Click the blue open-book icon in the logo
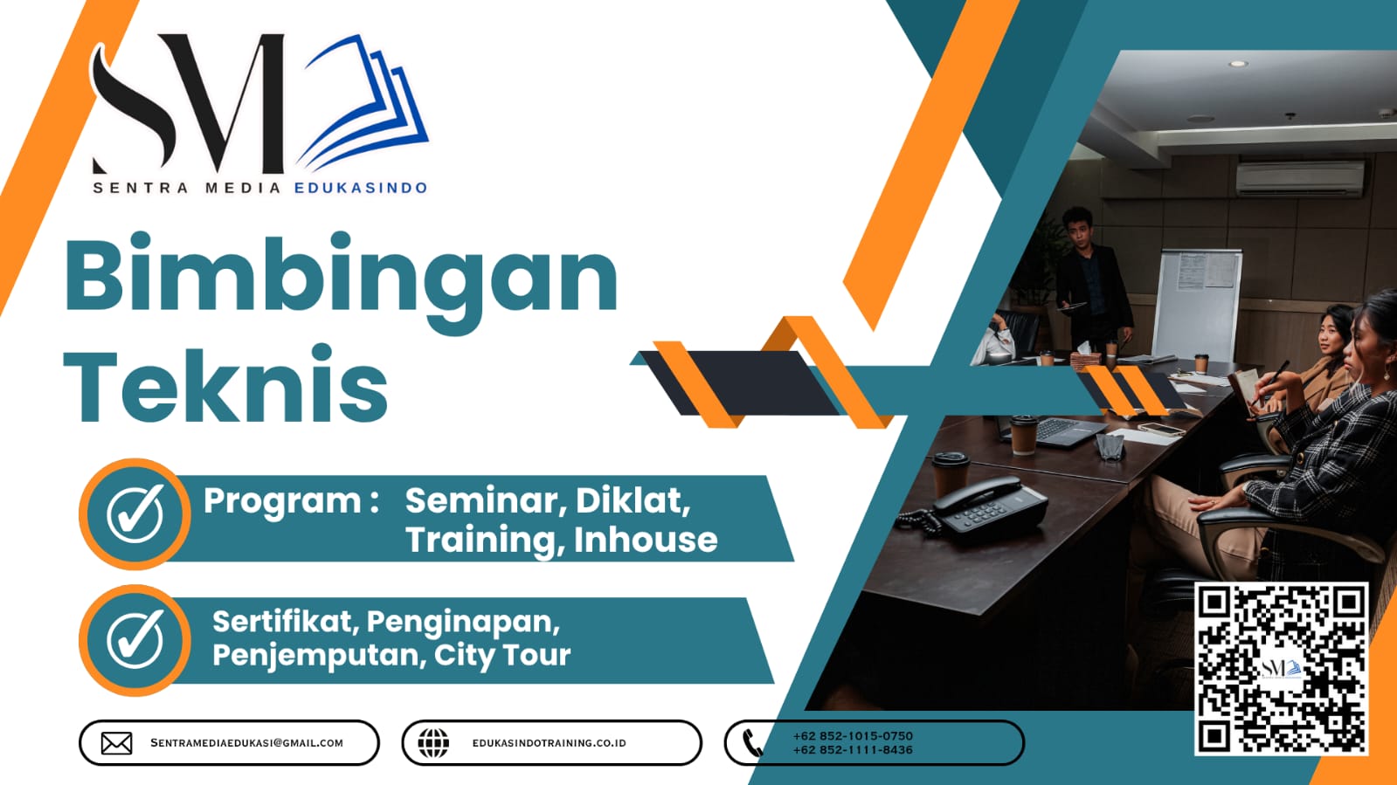click(365, 103)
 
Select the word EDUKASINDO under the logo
click(361, 188)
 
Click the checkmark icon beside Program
click(135, 513)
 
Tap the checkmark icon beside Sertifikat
click(135, 639)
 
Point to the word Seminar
click(481, 501)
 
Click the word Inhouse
click(645, 540)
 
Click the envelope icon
click(116, 743)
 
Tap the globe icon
click(433, 743)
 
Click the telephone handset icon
click(752, 743)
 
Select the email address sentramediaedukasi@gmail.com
click(246, 743)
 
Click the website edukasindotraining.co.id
click(549, 743)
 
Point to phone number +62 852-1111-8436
click(853, 750)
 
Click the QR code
click(1281, 668)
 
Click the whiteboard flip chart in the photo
click(1198, 301)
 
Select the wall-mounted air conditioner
click(1299, 178)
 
